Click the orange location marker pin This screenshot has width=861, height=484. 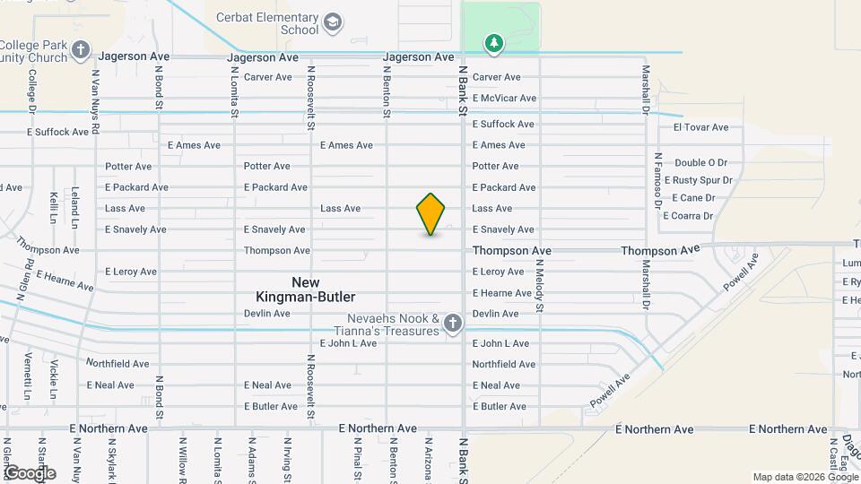(x=430, y=214)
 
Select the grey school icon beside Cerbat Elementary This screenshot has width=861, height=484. (x=333, y=22)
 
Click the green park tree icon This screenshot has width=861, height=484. (x=493, y=43)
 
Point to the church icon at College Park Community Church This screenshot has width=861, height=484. (x=82, y=50)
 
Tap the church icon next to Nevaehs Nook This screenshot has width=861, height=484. (x=453, y=324)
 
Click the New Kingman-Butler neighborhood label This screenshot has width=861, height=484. (x=306, y=290)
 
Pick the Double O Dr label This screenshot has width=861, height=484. (x=700, y=162)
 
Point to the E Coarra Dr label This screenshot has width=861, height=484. (x=688, y=215)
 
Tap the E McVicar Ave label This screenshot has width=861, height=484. (x=504, y=98)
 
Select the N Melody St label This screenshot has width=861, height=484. (x=540, y=285)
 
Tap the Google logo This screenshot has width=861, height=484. (x=30, y=472)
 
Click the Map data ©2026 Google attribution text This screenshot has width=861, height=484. (x=804, y=477)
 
